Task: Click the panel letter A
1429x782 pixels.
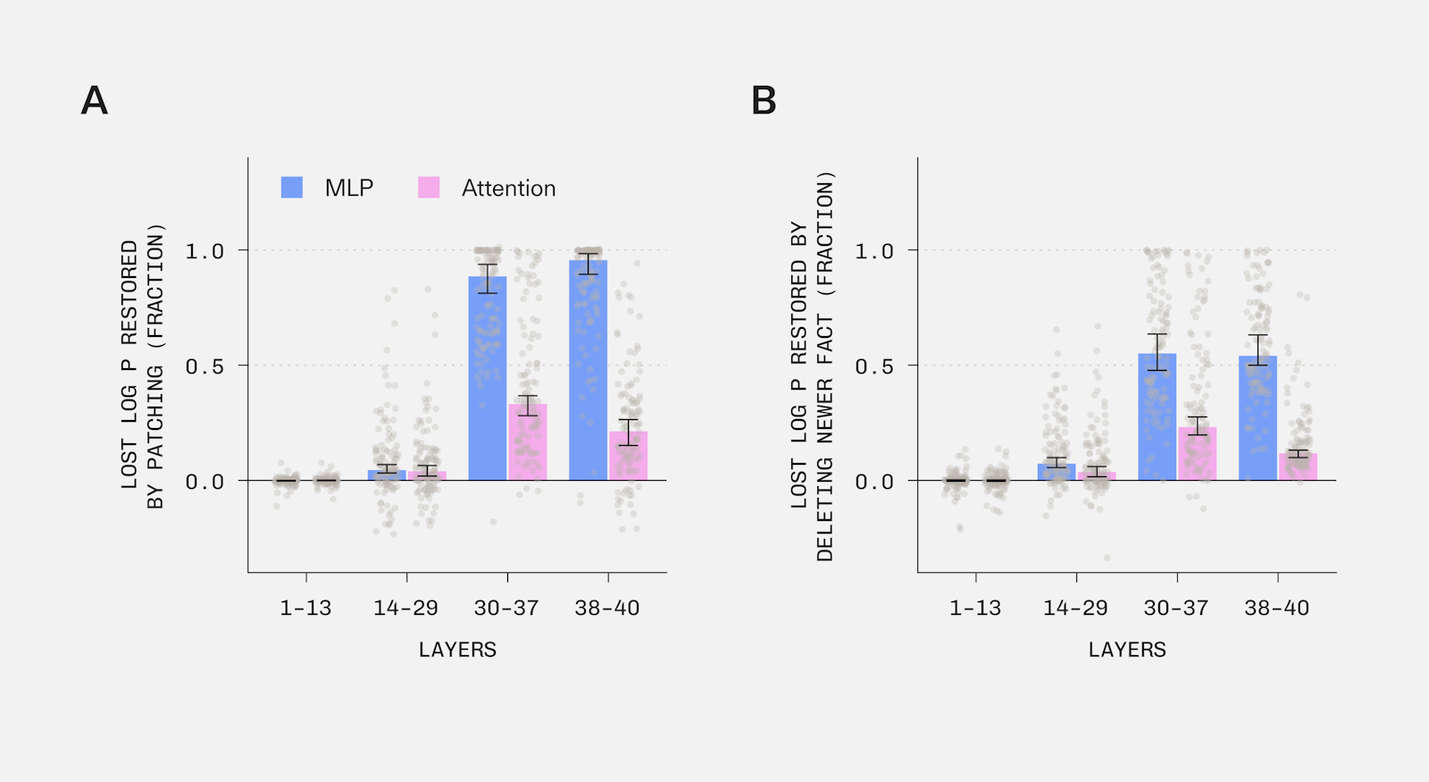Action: tap(95, 101)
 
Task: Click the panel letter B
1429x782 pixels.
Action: tap(764, 101)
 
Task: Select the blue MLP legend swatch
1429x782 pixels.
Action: tap(291, 188)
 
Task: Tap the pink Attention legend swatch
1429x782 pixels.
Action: tap(429, 188)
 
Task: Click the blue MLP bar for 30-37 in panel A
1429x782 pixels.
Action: tap(488, 378)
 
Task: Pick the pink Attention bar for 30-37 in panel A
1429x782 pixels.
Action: tap(528, 441)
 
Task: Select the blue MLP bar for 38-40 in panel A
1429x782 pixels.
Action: tap(589, 370)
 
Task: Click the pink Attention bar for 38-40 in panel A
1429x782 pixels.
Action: tap(629, 456)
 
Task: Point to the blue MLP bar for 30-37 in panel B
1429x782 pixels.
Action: tap(1157, 416)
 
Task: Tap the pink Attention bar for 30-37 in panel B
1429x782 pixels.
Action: tap(1198, 453)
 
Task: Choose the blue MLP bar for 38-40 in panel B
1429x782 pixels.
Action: tap(1258, 418)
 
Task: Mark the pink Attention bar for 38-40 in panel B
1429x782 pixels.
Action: tap(1299, 467)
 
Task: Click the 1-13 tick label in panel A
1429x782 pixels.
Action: tap(305, 609)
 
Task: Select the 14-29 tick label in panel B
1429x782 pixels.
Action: tap(1075, 609)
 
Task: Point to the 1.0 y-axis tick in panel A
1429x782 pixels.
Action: tap(205, 251)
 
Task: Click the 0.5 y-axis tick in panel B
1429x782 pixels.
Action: tap(874, 366)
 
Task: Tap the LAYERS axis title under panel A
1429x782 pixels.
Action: tap(457, 650)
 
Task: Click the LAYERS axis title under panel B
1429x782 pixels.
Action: tap(1127, 650)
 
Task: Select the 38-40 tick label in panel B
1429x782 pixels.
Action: tap(1276, 609)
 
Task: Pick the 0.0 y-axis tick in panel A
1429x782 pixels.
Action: tap(205, 482)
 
